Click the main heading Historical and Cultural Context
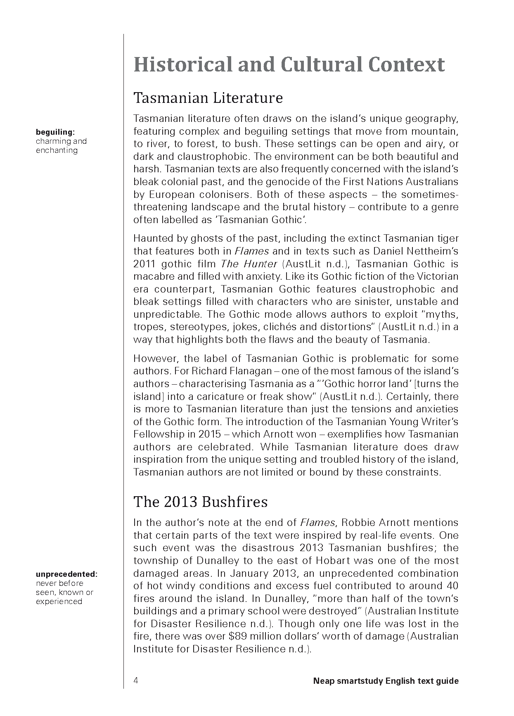(x=289, y=65)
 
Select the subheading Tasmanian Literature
(x=208, y=98)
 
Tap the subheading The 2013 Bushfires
(x=200, y=502)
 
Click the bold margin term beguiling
(x=55, y=132)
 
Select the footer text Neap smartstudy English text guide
(x=386, y=681)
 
